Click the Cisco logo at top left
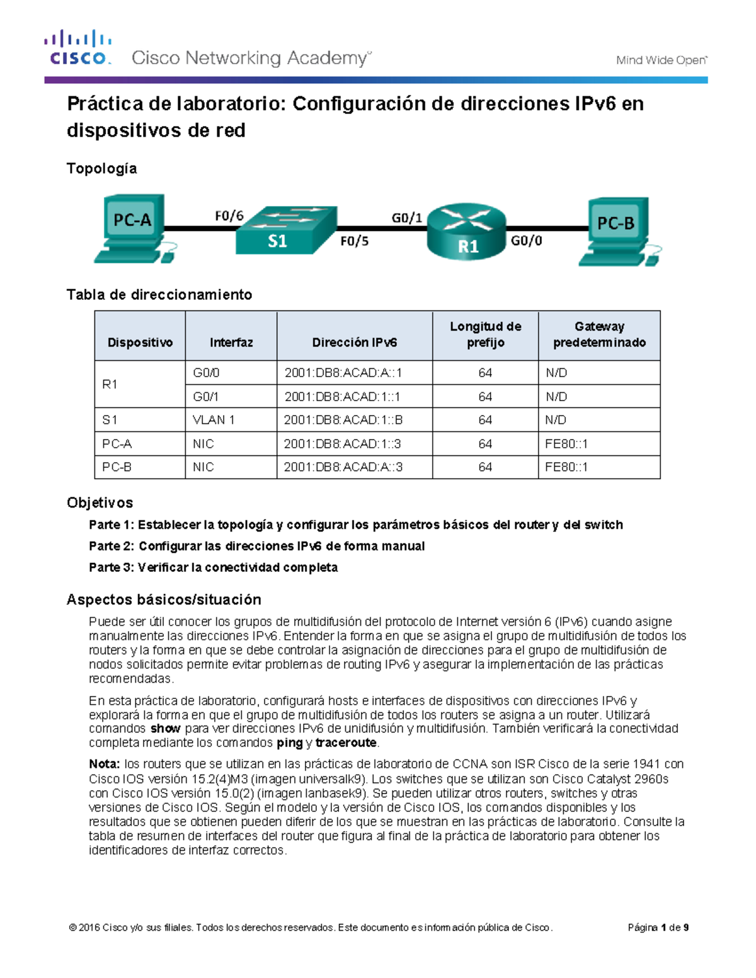tap(77, 48)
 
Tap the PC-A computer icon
tap(134, 228)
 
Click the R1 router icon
tap(466, 232)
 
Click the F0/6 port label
tap(229, 216)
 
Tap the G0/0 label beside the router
tap(526, 241)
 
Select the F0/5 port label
tap(354, 241)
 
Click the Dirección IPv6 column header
tap(354, 343)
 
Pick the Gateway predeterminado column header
tap(599, 335)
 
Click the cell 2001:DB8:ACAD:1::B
tap(343, 420)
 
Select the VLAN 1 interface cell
tap(214, 420)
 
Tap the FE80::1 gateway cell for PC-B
tap(566, 467)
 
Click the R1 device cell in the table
tap(110, 384)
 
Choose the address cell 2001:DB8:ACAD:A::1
tap(343, 373)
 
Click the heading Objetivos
tap(100, 503)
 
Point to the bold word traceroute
tap(346, 743)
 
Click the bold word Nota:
tap(104, 764)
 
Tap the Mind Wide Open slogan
tap(661, 60)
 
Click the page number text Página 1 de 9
tap(658, 928)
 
